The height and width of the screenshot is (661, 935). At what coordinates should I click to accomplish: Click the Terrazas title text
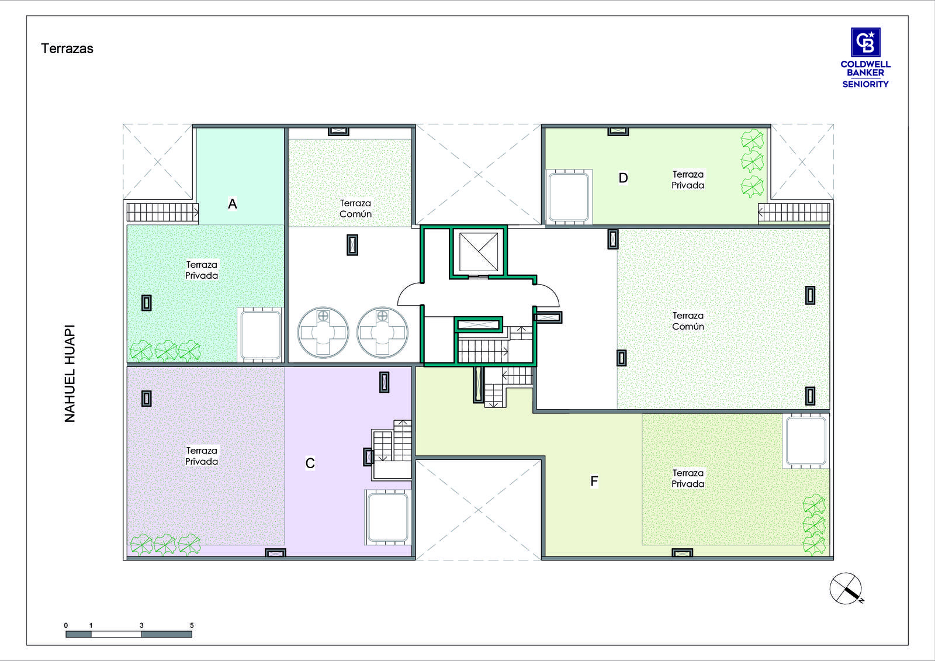click(67, 49)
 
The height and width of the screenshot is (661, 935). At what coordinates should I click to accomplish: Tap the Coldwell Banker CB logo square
click(865, 42)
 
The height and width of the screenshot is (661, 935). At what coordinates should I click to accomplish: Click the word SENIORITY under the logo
click(865, 84)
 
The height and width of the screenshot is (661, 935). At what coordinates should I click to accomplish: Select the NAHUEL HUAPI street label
click(70, 373)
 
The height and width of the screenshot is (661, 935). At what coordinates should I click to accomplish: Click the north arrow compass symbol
click(846, 589)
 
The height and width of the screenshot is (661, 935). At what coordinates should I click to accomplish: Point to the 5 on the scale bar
click(192, 625)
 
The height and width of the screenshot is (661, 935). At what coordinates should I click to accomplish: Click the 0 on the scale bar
click(66, 625)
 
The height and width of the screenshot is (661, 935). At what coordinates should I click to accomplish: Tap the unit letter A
click(233, 204)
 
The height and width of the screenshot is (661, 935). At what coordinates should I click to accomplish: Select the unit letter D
click(623, 178)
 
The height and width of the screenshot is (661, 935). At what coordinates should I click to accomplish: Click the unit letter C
click(310, 463)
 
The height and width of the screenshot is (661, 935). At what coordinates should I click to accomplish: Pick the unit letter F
click(594, 481)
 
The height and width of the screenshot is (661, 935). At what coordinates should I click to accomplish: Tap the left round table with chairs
click(323, 333)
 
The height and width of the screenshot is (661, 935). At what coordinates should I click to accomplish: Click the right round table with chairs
click(382, 333)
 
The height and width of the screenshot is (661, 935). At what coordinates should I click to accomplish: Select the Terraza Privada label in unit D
click(687, 180)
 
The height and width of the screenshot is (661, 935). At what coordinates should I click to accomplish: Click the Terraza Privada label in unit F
click(687, 479)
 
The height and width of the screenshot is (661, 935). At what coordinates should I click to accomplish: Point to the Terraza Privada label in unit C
click(202, 456)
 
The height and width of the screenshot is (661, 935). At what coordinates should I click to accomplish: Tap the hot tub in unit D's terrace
click(569, 197)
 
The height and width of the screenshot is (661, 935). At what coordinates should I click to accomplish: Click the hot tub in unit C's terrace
click(388, 517)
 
